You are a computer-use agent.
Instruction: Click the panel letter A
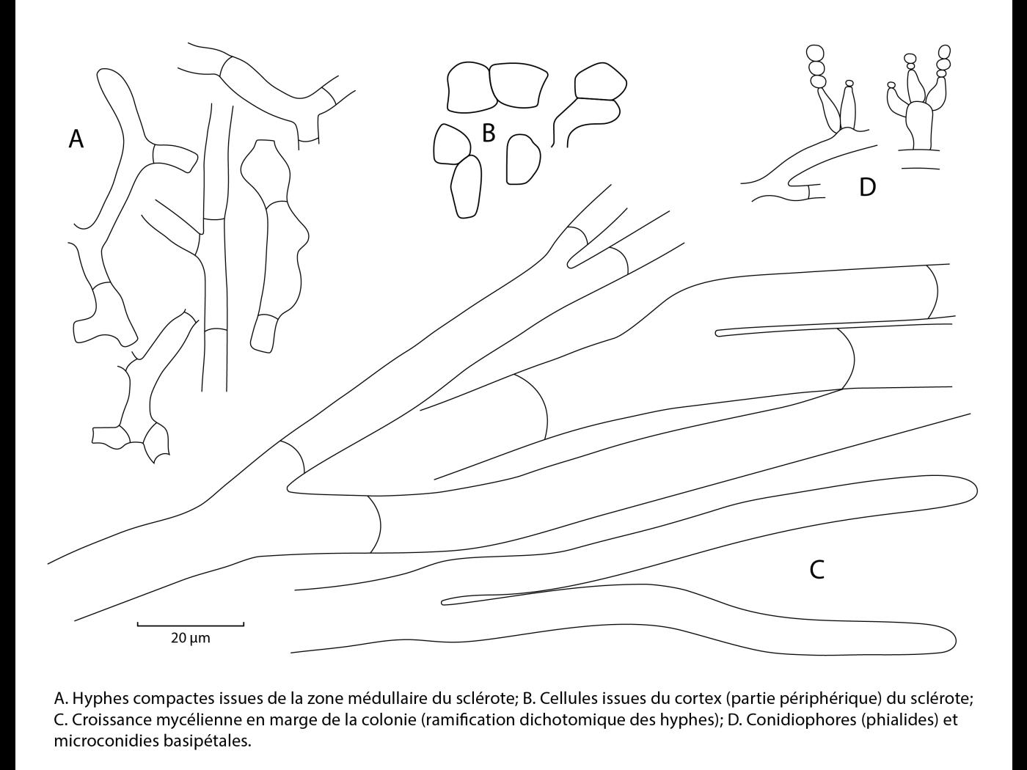point(76,139)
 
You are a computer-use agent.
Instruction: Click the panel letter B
point(489,133)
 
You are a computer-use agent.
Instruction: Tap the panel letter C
point(816,570)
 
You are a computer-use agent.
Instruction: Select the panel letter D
point(868,187)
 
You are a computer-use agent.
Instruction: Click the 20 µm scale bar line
point(191,624)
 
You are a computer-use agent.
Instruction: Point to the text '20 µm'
point(191,638)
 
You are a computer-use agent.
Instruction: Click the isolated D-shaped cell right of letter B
point(523,159)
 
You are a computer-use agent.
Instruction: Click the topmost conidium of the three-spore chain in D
point(816,52)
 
